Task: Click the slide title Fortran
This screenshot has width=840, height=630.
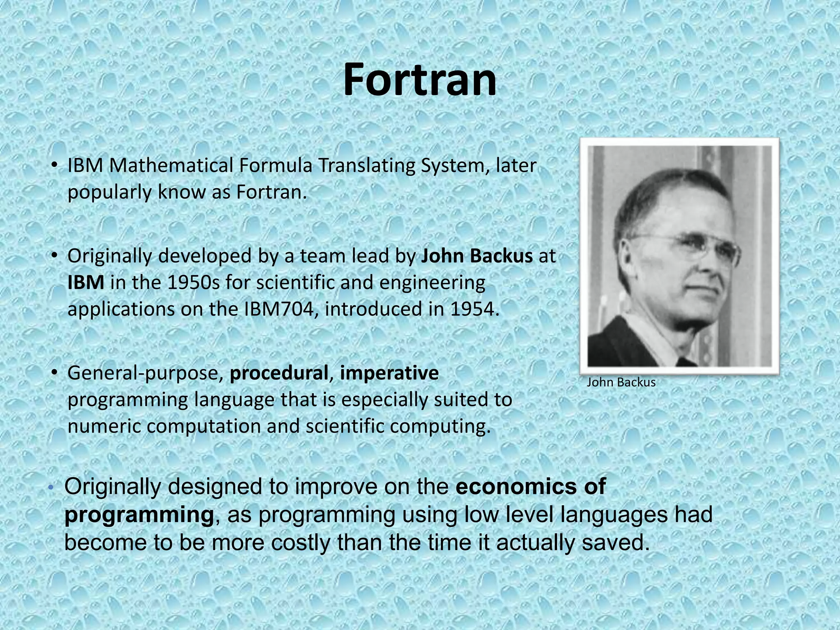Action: tap(419, 80)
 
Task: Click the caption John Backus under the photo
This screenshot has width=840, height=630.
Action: tap(621, 383)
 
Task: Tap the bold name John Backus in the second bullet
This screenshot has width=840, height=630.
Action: tap(477, 256)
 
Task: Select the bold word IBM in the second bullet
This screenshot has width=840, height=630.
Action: tap(86, 283)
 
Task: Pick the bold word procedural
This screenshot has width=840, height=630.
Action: tap(279, 374)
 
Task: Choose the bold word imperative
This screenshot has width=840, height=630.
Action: tap(389, 374)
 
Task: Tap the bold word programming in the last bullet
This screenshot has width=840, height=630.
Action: tap(139, 514)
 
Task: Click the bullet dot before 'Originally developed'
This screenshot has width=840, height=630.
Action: tap(54, 256)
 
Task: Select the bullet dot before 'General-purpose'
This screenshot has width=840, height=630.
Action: tap(54, 373)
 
